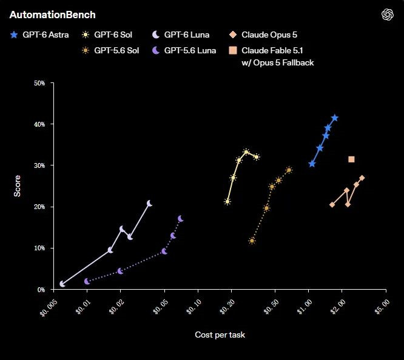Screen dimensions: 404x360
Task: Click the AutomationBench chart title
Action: (x=53, y=15)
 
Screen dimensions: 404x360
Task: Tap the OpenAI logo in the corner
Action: (x=387, y=15)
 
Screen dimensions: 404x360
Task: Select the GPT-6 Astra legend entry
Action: (x=39, y=35)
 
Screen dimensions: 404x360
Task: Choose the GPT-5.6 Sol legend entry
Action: (x=110, y=50)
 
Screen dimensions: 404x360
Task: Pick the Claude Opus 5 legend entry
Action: (x=263, y=35)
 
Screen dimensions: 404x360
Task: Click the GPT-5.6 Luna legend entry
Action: (x=184, y=50)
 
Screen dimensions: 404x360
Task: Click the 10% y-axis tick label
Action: (x=39, y=248)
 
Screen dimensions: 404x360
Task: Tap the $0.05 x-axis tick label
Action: (x=161, y=307)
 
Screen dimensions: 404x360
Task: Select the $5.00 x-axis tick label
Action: (x=382, y=307)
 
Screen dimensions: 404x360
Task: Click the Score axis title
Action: (x=17, y=186)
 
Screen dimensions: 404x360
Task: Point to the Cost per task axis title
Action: (x=220, y=335)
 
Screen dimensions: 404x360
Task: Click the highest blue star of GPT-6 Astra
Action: (x=335, y=118)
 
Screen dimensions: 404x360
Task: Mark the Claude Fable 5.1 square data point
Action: (x=351, y=159)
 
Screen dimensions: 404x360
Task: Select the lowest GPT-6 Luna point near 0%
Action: (x=62, y=284)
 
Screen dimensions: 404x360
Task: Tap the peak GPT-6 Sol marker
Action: (x=246, y=152)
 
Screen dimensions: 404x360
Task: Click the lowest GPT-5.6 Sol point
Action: (x=252, y=241)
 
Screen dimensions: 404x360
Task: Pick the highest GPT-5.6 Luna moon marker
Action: (x=181, y=219)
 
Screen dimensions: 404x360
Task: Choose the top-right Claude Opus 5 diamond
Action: (x=362, y=178)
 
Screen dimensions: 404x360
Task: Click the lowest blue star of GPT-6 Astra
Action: (x=312, y=164)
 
